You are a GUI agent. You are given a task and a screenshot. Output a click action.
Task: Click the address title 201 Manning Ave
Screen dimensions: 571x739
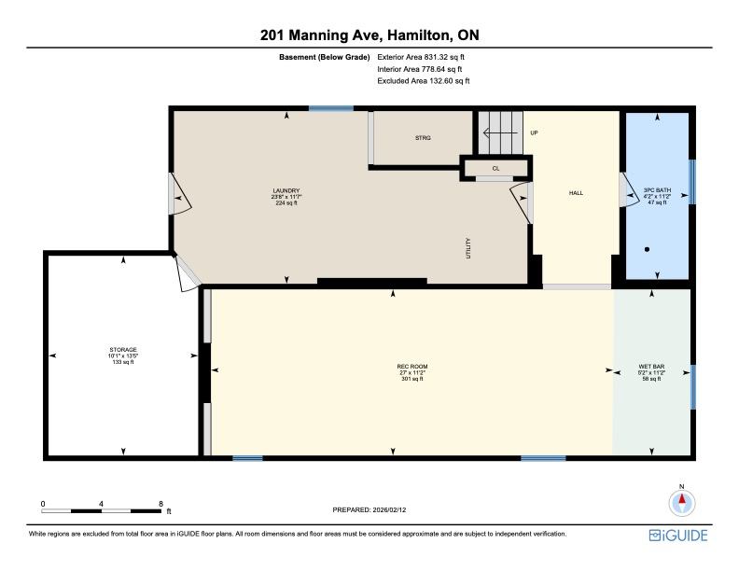(369, 35)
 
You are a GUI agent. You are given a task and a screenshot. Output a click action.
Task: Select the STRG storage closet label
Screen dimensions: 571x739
(423, 138)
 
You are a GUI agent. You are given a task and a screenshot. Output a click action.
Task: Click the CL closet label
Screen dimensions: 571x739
(496, 169)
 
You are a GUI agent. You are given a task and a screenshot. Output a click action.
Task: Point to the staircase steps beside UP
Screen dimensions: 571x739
(502, 132)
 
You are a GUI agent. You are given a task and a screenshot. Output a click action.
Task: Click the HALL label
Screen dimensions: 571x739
(576, 193)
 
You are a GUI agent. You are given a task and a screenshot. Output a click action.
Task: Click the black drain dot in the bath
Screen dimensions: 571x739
(647, 249)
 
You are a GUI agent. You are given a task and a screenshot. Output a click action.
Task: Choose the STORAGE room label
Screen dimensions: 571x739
(123, 355)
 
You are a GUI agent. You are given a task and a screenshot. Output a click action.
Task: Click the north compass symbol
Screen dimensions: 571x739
(682, 503)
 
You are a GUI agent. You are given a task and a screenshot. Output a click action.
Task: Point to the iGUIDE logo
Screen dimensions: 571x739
(678, 535)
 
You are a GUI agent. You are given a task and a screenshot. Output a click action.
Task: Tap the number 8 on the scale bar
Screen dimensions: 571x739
(161, 503)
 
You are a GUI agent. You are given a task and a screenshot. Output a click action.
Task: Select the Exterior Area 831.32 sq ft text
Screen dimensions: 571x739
(420, 57)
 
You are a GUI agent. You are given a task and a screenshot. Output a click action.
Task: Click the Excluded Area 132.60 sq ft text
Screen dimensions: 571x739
(423, 81)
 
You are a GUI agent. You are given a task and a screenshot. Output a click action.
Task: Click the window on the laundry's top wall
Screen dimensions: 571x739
(331, 109)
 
